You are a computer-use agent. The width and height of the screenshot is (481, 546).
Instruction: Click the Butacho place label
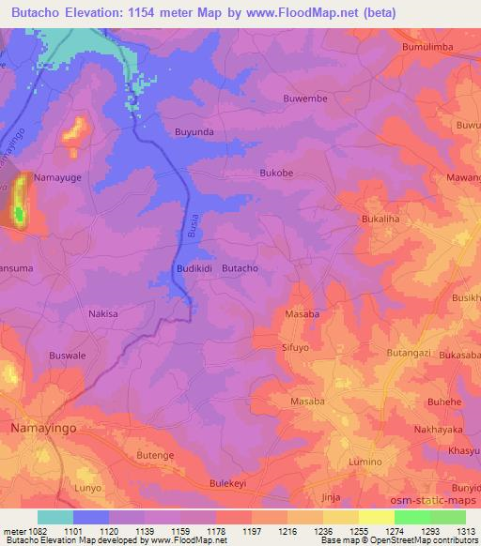tap(240, 268)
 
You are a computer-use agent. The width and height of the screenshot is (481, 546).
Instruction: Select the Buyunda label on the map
tap(194, 132)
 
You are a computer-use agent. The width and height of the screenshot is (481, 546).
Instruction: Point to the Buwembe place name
tap(303, 99)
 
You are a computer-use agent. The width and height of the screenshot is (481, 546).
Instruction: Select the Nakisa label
tap(103, 314)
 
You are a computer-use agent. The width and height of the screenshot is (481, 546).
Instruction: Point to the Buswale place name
tap(68, 356)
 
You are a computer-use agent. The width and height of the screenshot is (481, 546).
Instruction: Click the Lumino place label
tap(365, 463)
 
